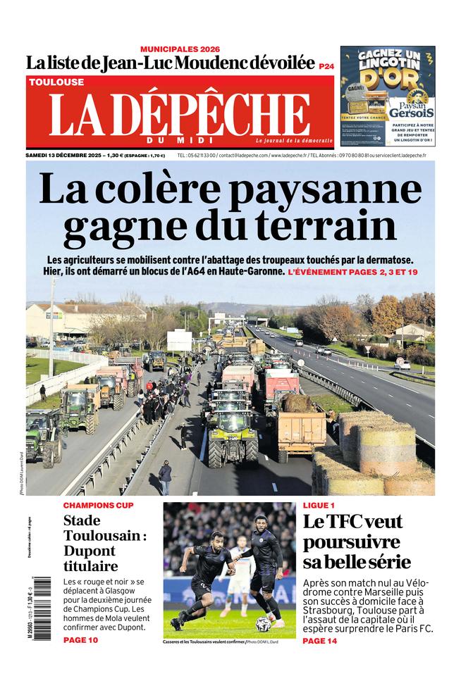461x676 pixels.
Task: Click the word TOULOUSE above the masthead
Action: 56,82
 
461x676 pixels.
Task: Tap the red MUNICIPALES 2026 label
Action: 180,49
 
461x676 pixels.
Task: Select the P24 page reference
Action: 326,66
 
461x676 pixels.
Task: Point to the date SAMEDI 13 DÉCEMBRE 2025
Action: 65,156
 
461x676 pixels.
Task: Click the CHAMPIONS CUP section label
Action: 98,506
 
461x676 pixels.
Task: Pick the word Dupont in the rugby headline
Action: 91,550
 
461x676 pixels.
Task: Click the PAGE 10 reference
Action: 80,640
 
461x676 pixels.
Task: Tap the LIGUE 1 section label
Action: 319,506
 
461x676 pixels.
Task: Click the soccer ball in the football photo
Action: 262,624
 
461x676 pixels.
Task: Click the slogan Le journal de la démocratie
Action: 293,141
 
